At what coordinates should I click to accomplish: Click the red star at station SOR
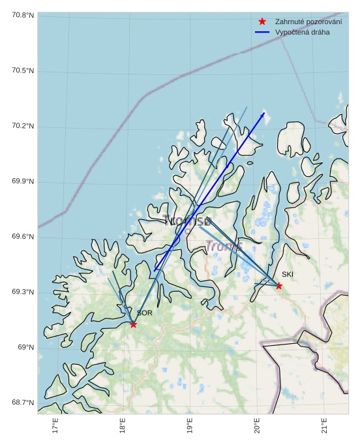click(133, 324)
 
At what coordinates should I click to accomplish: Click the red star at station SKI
click(278, 286)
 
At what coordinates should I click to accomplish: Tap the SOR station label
click(144, 313)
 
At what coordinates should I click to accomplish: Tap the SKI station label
click(288, 275)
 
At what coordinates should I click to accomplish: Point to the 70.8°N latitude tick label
click(23, 15)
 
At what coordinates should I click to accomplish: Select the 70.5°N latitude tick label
click(23, 70)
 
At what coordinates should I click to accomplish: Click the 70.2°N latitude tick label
click(23, 126)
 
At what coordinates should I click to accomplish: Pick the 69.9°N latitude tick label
click(23, 181)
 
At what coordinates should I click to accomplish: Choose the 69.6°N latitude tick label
click(23, 237)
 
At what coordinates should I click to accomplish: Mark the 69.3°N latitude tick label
click(23, 292)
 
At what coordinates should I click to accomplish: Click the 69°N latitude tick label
click(25, 347)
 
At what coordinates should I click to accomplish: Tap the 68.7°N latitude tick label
click(23, 403)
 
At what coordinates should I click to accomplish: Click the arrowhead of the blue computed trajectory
click(263, 114)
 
